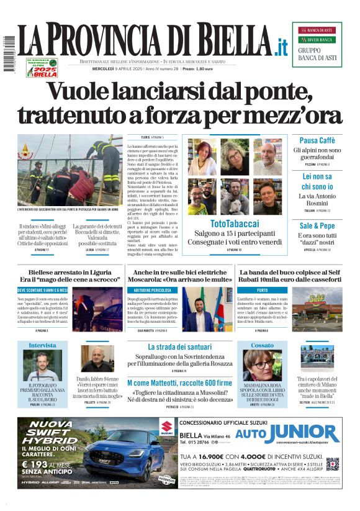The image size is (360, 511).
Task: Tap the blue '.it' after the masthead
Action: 281,46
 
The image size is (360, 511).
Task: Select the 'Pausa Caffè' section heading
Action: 317,140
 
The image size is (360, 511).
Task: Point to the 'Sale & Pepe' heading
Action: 317,226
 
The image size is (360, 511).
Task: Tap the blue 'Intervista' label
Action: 42,345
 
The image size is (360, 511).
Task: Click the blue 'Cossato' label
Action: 263,345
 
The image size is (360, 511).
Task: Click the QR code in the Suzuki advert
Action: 333,464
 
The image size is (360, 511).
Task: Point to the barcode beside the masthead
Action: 9,55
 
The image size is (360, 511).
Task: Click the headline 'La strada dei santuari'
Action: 180,346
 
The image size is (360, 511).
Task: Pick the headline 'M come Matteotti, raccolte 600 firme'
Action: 179,383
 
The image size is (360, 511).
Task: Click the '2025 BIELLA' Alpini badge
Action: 42,68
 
